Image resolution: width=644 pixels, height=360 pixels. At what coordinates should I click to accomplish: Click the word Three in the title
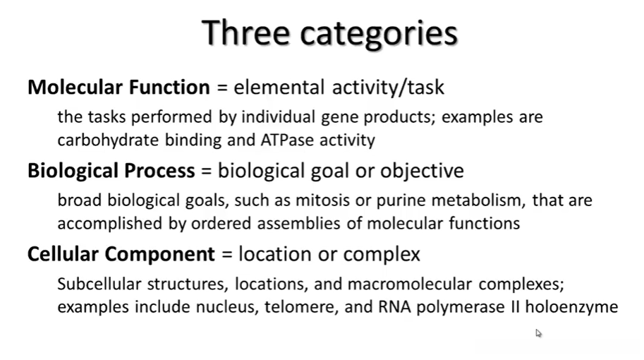pyautogui.click(x=245, y=32)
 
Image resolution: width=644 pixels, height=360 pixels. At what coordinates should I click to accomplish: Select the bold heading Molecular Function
pyautogui.click(x=119, y=87)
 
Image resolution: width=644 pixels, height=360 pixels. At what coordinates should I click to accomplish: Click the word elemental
pyautogui.click(x=279, y=87)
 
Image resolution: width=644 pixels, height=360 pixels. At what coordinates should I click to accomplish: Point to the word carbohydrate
pyautogui.click(x=108, y=140)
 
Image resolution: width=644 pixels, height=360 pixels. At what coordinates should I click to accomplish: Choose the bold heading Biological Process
pyautogui.click(x=111, y=171)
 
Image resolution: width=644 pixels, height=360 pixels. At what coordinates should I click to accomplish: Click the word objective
pyautogui.click(x=422, y=171)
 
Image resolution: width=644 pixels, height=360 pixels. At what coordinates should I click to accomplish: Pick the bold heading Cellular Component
pyautogui.click(x=121, y=254)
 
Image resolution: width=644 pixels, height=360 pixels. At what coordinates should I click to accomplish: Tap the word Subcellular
pyautogui.click(x=99, y=284)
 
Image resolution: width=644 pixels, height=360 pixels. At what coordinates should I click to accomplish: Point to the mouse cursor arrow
pyautogui.click(x=538, y=333)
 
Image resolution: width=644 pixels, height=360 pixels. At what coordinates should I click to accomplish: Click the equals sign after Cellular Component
pyautogui.click(x=226, y=254)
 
